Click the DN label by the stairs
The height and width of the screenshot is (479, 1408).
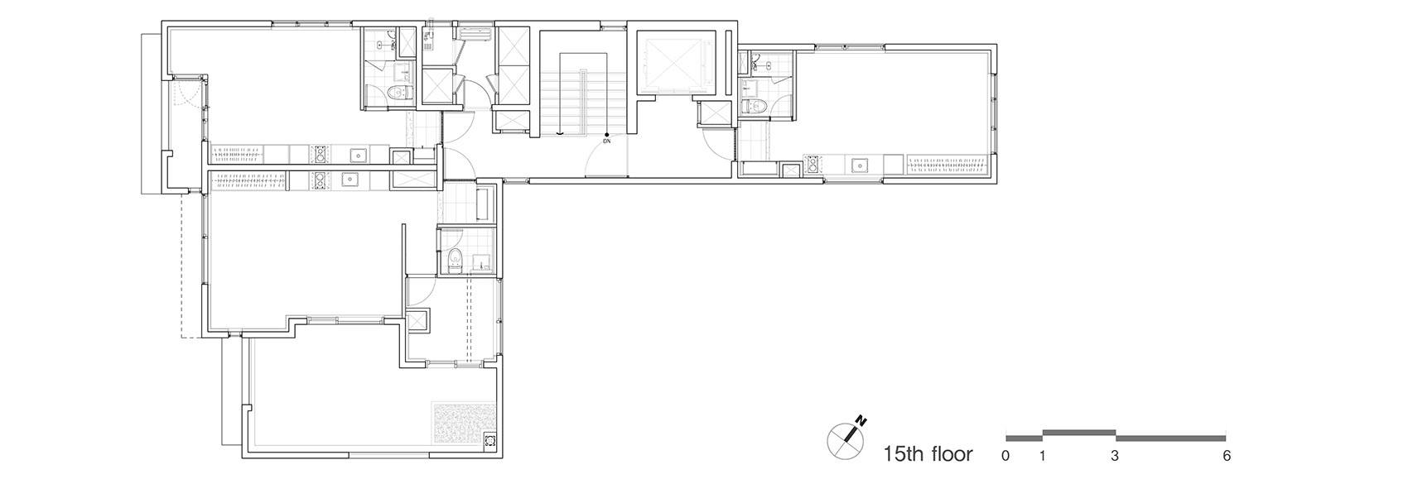point(606,141)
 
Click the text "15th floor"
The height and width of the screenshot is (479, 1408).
point(928,453)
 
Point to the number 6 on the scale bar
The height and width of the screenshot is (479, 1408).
point(1227,457)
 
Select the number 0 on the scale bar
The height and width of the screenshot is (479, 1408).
point(1005,457)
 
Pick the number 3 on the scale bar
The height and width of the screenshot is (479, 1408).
point(1115,457)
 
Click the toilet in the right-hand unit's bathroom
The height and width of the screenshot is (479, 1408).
point(752,105)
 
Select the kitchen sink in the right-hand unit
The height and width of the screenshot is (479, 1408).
point(859,165)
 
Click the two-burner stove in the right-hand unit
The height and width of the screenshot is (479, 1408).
point(813,165)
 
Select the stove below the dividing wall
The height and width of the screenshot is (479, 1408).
point(319,180)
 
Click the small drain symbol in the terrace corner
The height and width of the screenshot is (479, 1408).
point(489,440)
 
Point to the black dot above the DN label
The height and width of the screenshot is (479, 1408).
point(606,134)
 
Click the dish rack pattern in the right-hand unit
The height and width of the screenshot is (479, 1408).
point(948,165)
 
